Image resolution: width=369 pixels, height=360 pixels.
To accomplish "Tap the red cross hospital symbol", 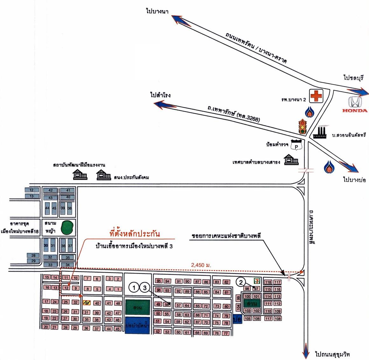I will (x=316, y=96).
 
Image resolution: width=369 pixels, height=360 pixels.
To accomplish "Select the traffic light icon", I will (x=302, y=126).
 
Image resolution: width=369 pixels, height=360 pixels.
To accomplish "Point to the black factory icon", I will (x=321, y=132).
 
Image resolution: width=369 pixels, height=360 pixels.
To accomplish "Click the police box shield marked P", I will (x=296, y=146).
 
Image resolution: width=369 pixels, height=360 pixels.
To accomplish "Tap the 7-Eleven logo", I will (x=256, y=281).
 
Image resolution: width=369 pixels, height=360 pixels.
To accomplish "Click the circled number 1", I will (x=134, y=288).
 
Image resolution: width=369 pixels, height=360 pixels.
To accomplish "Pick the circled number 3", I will (x=145, y=288).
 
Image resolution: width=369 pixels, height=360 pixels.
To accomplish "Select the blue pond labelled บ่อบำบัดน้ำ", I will (x=137, y=325).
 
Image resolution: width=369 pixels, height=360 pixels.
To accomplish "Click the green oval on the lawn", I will (x=67, y=227).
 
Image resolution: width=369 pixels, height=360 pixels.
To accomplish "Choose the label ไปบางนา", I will (x=157, y=11).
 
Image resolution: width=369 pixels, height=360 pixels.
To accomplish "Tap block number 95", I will (x=159, y=281).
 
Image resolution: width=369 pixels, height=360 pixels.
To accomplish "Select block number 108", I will (x=278, y=319).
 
